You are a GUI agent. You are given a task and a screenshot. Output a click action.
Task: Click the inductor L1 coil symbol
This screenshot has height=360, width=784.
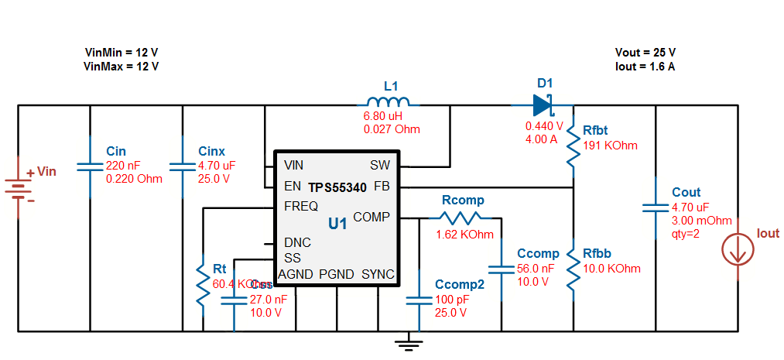click(388, 103)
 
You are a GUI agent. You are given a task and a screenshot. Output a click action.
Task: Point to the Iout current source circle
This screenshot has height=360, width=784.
click(738, 250)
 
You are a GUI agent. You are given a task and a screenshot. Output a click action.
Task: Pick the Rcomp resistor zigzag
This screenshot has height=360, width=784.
click(462, 218)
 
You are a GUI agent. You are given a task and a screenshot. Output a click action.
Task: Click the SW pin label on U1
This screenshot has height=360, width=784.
click(380, 166)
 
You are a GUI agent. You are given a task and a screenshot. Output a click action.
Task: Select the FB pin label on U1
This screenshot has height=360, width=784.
click(382, 187)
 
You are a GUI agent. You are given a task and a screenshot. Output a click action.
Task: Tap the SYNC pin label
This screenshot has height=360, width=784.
click(378, 274)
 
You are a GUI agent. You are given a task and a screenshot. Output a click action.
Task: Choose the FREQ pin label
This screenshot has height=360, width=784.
click(301, 207)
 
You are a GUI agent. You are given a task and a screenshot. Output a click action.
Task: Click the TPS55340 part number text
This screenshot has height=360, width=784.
click(337, 187)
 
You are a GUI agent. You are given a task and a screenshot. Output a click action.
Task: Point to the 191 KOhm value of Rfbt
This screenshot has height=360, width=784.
click(610, 146)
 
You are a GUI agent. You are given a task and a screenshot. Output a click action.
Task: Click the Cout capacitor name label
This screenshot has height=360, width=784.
click(686, 193)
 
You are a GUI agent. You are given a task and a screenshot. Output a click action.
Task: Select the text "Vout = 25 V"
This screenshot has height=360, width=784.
click(645, 53)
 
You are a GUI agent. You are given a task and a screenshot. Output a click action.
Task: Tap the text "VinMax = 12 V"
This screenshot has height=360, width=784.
click(121, 67)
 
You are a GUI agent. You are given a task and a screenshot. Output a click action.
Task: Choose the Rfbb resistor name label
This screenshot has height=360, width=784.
click(597, 254)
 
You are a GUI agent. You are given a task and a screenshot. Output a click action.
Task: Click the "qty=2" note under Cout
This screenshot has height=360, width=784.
click(686, 233)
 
